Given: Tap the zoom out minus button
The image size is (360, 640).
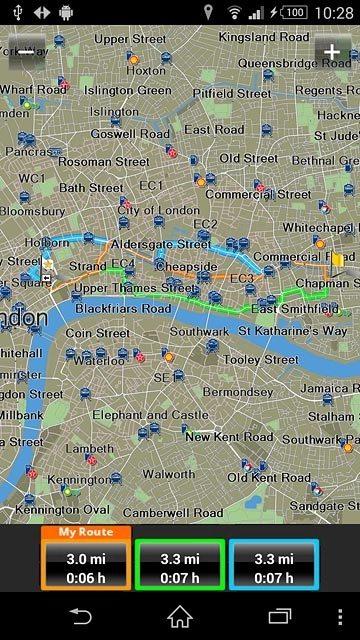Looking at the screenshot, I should click(26, 52).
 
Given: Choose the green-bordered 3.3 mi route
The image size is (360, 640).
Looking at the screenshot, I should click(180, 565).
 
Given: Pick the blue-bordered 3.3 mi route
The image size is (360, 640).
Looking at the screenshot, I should click(273, 565).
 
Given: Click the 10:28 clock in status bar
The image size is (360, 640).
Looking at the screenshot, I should click(333, 12).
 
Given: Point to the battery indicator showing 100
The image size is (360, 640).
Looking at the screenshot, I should click(293, 12).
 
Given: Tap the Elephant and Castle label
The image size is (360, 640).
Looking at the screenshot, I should click(150, 414).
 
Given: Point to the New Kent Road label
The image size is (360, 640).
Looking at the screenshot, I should click(229, 437).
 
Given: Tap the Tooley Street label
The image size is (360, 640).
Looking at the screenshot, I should click(255, 359).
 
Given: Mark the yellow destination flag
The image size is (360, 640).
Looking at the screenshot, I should click(338, 262).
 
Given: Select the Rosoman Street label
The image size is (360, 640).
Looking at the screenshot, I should click(104, 161).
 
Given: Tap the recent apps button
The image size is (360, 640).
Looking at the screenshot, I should click(280, 615).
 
